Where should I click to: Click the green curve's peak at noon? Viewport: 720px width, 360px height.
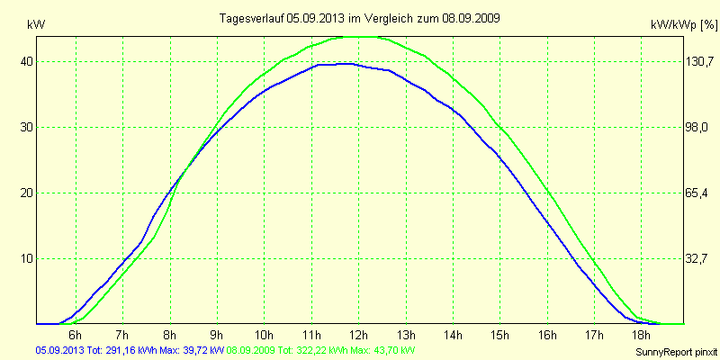pos(360,37)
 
